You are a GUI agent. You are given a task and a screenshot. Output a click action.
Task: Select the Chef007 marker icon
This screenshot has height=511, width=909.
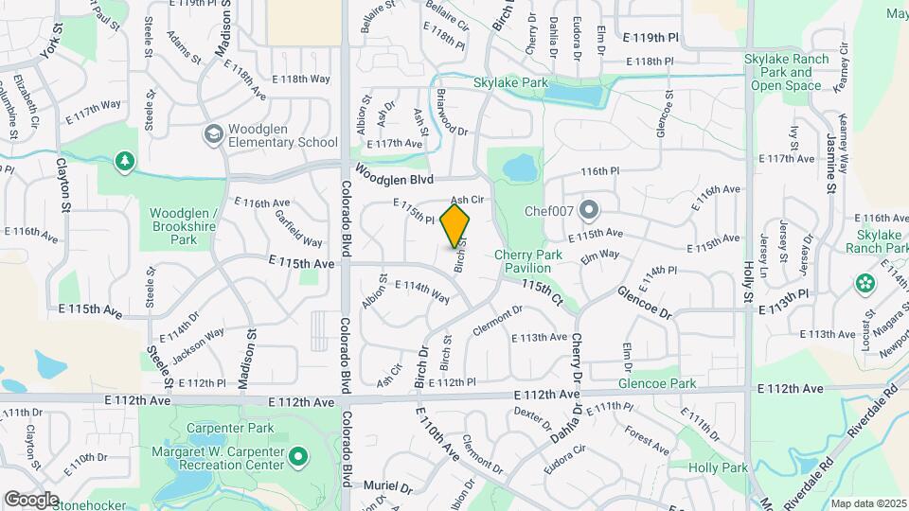pyautogui.click(x=589, y=209)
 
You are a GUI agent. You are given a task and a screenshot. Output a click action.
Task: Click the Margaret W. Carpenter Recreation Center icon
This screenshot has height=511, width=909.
pyautogui.click(x=298, y=459)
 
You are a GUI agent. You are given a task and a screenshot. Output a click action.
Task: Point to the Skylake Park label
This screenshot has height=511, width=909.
pyautogui.click(x=511, y=83)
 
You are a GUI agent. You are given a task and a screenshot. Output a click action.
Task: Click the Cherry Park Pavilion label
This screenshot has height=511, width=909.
pyautogui.click(x=528, y=261)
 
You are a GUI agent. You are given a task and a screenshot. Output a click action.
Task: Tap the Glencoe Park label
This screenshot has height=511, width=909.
pyautogui.click(x=657, y=384)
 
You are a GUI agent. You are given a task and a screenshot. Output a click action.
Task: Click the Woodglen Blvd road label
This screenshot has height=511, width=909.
pyautogui.click(x=395, y=176)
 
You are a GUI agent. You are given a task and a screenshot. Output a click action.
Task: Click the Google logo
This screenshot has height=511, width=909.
pyautogui.click(x=30, y=500)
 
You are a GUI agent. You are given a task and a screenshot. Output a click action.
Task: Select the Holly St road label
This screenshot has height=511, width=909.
pyautogui.click(x=747, y=284)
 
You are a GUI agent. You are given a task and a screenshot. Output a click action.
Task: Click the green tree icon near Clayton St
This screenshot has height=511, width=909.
pyautogui.click(x=124, y=162)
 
